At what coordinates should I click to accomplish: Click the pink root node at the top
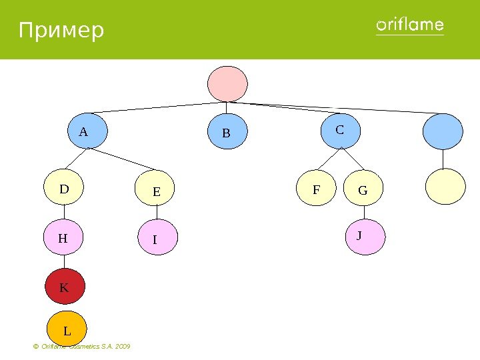[x=227, y=83]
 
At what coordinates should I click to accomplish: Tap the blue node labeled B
[x=227, y=133]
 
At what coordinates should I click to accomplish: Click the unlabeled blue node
[x=443, y=131]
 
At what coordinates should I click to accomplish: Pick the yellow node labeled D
[x=65, y=187]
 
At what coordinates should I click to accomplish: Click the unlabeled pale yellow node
[x=445, y=186]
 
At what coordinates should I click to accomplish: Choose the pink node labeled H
[x=64, y=238]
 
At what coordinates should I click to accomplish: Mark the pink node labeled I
[x=157, y=239]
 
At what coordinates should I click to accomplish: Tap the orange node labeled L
[x=67, y=329]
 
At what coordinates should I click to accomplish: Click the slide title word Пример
[x=61, y=31]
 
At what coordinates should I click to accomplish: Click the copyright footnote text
[x=81, y=347]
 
